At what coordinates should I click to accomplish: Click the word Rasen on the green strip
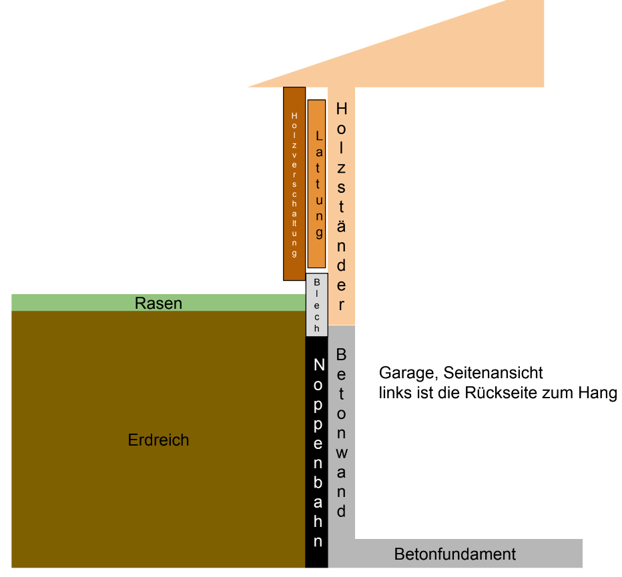point(158,304)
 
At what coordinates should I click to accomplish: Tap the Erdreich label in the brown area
point(158,440)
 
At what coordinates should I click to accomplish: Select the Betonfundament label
point(455,554)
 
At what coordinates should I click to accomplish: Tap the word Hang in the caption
point(597,393)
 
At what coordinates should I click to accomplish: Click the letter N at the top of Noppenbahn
point(318,366)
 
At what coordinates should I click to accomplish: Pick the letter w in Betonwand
point(341,453)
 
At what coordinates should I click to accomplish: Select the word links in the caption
point(393,393)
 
